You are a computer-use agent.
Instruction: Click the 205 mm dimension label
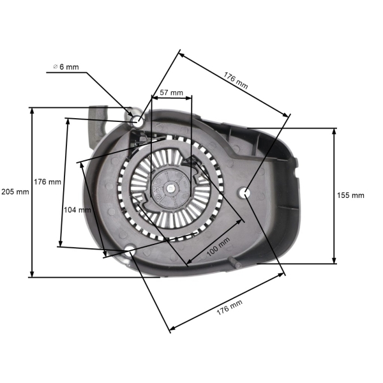tap(15, 191)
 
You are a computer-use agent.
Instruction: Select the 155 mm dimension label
tap(350, 195)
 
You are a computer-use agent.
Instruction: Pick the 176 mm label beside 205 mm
tap(47, 182)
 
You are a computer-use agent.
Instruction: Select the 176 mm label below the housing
tap(229, 311)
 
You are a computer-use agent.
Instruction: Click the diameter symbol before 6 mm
tap(55, 66)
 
